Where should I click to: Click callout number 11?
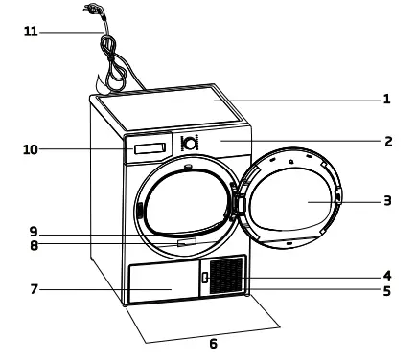pos(32,32)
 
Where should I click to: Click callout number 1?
pos(386,98)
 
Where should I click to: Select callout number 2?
pos(387,142)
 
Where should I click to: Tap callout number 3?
pos(387,201)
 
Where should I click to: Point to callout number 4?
pos(387,276)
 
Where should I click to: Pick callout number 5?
pos(387,290)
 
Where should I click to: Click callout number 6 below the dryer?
pos(213,342)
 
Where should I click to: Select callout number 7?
pos(33,287)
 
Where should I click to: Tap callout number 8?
pos(33,245)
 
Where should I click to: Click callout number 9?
pos(33,230)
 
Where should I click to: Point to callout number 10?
pos(32,149)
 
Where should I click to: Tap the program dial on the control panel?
pos(190,144)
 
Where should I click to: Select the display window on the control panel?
pos(150,149)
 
